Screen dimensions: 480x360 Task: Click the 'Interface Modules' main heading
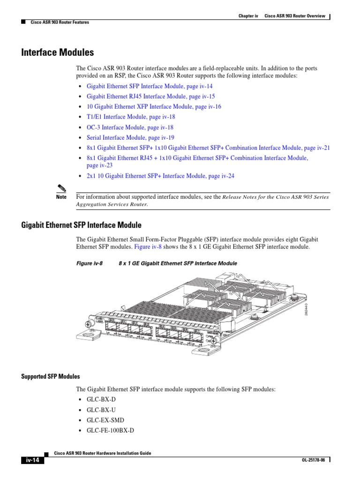(58, 52)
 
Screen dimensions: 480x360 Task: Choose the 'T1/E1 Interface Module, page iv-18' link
(131, 117)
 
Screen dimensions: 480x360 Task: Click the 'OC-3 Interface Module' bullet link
(130, 127)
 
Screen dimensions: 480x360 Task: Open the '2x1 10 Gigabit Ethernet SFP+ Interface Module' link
(160, 176)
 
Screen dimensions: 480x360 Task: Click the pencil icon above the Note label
(60, 188)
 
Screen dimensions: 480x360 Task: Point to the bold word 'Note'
(61, 197)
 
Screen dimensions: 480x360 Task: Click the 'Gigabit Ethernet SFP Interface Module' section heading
(81, 225)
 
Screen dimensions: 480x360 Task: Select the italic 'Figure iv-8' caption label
(90, 263)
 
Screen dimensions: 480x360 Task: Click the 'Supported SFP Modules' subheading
(51, 377)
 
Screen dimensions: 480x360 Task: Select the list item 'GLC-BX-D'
(101, 399)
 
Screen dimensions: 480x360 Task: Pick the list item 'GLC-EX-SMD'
(105, 420)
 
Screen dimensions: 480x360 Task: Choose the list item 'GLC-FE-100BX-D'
(110, 430)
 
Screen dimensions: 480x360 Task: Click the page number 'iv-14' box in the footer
(32, 460)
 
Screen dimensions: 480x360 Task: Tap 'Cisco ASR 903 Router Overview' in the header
(295, 16)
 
